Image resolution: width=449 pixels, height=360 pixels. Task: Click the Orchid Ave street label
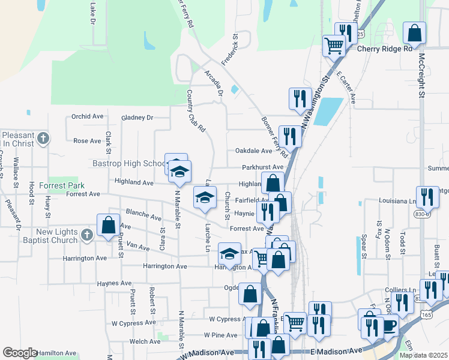(x=87, y=116)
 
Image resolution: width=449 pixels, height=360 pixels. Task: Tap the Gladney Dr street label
(x=137, y=118)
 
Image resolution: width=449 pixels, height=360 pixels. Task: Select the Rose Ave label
(x=87, y=141)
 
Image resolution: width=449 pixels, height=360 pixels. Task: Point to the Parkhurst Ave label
(x=262, y=167)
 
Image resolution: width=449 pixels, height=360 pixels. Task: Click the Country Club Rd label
(x=196, y=112)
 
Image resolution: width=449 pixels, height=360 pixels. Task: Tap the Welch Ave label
(x=145, y=341)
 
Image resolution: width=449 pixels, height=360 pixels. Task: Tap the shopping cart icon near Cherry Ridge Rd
(x=334, y=45)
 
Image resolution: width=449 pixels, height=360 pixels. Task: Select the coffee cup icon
(x=388, y=326)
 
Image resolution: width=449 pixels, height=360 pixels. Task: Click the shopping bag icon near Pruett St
(x=108, y=226)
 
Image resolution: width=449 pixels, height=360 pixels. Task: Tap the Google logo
(x=20, y=353)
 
